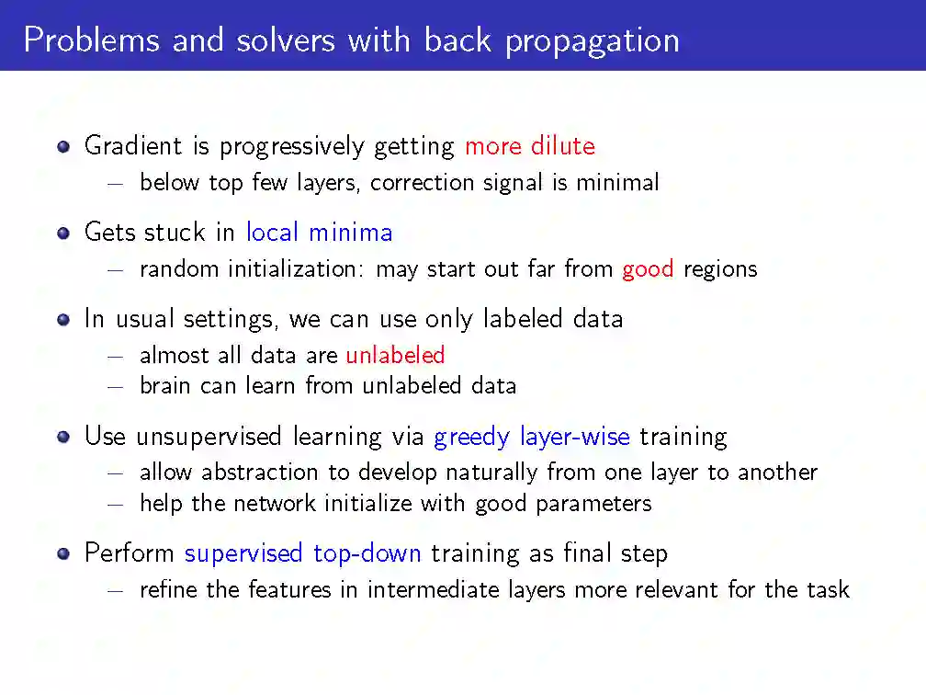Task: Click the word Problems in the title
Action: (92, 40)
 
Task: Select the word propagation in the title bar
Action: (593, 42)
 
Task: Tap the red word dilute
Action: (563, 145)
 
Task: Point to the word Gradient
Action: (133, 145)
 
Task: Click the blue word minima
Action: (351, 233)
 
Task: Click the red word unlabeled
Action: (395, 355)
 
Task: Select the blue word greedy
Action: (471, 438)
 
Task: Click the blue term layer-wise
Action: (575, 438)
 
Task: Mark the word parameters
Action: (593, 504)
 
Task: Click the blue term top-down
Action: (367, 553)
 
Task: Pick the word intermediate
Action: (434, 589)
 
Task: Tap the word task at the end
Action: (828, 589)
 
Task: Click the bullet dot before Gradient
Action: (63, 146)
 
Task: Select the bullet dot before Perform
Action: (63, 553)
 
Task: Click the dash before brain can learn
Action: (115, 387)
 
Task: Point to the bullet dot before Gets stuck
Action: (63, 233)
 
